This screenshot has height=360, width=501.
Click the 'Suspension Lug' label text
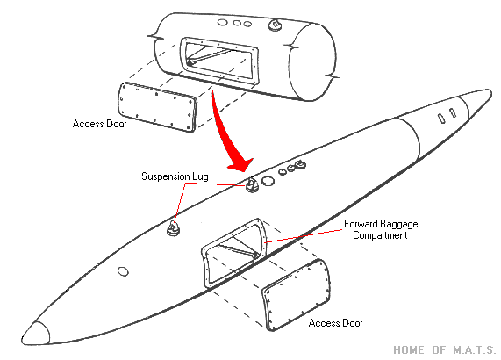175,176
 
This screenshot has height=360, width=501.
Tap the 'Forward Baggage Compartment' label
381,229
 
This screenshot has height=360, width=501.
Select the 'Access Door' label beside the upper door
99,124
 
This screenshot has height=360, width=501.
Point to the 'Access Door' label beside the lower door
335,323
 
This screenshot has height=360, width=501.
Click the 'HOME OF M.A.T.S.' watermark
445,349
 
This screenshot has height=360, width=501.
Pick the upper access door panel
156,107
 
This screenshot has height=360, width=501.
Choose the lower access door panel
297,295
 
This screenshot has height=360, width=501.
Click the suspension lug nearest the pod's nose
174,228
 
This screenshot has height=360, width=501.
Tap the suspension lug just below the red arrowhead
252,185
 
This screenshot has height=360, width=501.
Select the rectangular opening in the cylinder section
219,61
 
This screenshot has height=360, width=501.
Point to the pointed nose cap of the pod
36,333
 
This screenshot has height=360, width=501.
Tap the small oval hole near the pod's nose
123,272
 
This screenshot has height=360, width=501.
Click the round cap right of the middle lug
268,181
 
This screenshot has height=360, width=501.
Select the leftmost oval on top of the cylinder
222,22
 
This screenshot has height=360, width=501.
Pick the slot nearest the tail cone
453,112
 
